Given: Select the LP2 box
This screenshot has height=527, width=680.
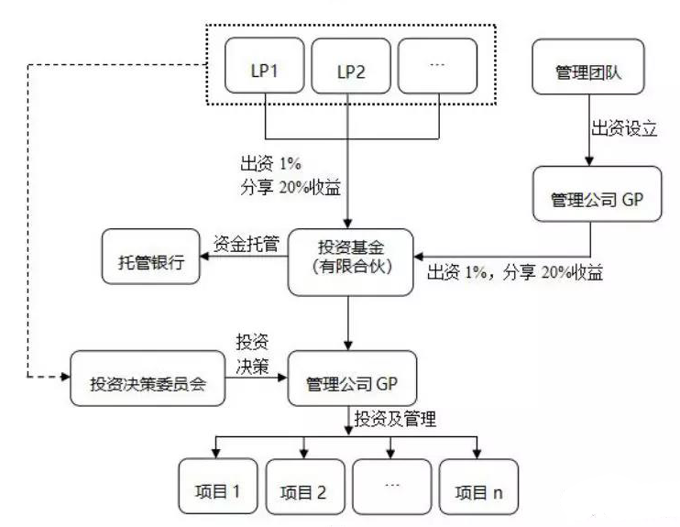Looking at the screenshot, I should pyautogui.click(x=350, y=71).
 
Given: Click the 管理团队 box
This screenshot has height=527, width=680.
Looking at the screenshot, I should pyautogui.click(x=589, y=71).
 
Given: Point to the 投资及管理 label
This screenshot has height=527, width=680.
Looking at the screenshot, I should pyautogui.click(x=396, y=421).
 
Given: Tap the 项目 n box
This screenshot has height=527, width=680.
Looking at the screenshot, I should pyautogui.click(x=479, y=489).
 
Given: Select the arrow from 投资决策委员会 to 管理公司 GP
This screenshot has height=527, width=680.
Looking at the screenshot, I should pyautogui.click(x=257, y=377).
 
